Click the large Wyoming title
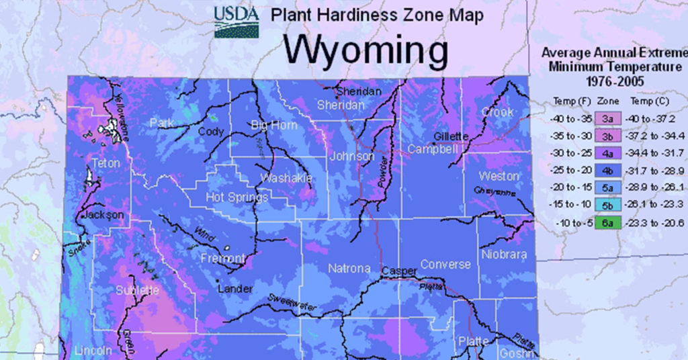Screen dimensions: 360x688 [x=365, y=50]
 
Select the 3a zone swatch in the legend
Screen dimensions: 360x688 [x=606, y=119]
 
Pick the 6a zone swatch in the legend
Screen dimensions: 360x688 [x=606, y=224]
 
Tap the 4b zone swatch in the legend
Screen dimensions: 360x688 [x=606, y=171]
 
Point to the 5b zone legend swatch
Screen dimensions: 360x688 [x=606, y=206]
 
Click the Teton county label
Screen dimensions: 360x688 [x=105, y=163]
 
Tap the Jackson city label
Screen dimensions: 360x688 [x=103, y=215]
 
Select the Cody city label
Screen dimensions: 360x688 [x=210, y=132]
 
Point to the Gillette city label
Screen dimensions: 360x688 [x=451, y=136]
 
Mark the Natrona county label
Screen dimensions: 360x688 [x=349, y=269]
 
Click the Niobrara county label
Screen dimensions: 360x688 [x=504, y=255]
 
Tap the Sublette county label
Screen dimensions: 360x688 [x=137, y=290]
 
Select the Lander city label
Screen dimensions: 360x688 [x=234, y=289]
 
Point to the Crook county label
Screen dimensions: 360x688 [x=498, y=112]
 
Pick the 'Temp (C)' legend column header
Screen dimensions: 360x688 [x=646, y=101]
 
